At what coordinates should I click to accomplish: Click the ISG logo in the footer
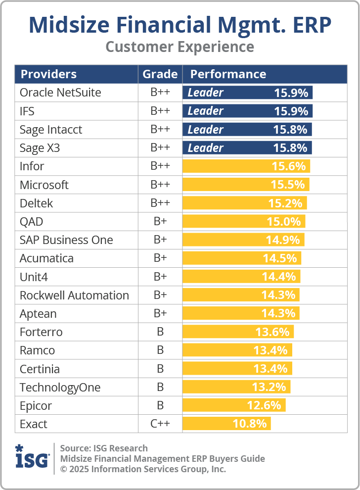tap(32, 457)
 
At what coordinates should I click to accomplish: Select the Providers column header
tap(48, 74)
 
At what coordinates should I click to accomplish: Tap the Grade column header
tap(160, 74)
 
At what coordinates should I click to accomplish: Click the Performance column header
tap(228, 74)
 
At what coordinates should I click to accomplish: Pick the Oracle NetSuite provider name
tap(60, 93)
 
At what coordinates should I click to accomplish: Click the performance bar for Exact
tap(226, 424)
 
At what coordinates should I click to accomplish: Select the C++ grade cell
tap(160, 424)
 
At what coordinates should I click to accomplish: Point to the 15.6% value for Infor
tap(288, 166)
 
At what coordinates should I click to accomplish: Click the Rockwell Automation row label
tap(74, 295)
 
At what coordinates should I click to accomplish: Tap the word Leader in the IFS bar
tap(205, 111)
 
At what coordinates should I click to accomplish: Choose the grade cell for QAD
tap(160, 222)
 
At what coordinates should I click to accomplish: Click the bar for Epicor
tap(233, 405)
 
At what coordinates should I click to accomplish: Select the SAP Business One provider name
tap(66, 240)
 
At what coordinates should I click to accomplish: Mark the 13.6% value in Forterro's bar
tap(271, 332)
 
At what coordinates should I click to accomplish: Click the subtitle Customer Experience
tap(180, 47)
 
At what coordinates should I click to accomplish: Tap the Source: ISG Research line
tap(104, 448)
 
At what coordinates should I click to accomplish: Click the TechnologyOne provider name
tap(60, 388)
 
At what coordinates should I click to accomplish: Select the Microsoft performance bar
tap(246, 185)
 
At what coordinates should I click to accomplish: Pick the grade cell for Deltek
tap(160, 203)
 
